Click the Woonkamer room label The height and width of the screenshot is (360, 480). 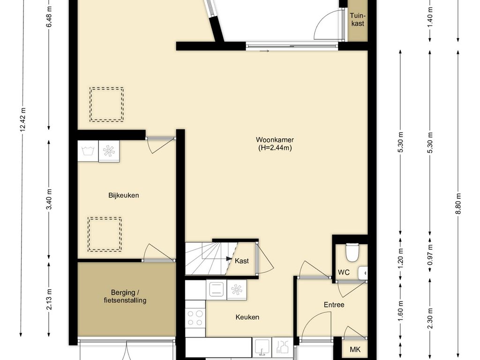(x=275, y=144)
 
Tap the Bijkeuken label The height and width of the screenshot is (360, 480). (x=124, y=195)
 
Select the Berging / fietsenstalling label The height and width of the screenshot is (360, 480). (x=125, y=296)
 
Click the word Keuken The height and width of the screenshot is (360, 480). (x=247, y=317)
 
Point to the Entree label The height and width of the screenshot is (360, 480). (x=334, y=305)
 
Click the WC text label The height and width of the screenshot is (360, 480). (x=344, y=272)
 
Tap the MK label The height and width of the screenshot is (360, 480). (x=355, y=349)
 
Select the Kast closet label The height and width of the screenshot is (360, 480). (x=242, y=261)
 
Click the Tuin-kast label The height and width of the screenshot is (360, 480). (x=358, y=19)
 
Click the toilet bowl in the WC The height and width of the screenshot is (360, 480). (x=352, y=252)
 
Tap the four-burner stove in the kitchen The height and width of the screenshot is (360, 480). (x=195, y=318)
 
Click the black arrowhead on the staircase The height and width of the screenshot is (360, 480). (x=229, y=259)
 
